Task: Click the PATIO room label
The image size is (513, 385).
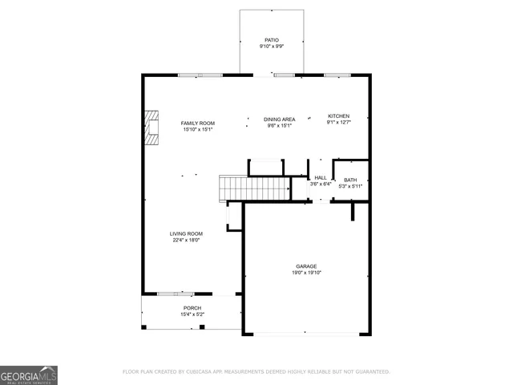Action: coord(272,39)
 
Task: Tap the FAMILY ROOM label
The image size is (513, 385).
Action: coord(198,123)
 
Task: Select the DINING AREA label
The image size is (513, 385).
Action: coord(280,119)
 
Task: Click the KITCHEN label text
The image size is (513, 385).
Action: coord(338,115)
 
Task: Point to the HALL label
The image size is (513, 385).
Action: coord(321,178)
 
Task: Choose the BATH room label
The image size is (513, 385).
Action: coord(350,180)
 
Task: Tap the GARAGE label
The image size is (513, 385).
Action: coord(306,266)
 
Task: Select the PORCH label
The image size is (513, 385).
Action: coord(192,308)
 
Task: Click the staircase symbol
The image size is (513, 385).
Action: coord(255,189)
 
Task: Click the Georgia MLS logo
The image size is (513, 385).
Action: coord(29,375)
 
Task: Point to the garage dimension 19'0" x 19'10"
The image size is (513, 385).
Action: coord(306,273)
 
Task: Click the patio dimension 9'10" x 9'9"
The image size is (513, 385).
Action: coord(272,47)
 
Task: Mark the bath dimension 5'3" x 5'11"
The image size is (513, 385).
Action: coord(350,186)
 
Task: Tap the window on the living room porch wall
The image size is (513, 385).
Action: coord(175,294)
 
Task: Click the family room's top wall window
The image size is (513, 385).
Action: coord(200,75)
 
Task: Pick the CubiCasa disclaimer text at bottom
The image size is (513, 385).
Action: coord(256,371)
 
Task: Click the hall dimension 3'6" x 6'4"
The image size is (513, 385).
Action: coord(321,184)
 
